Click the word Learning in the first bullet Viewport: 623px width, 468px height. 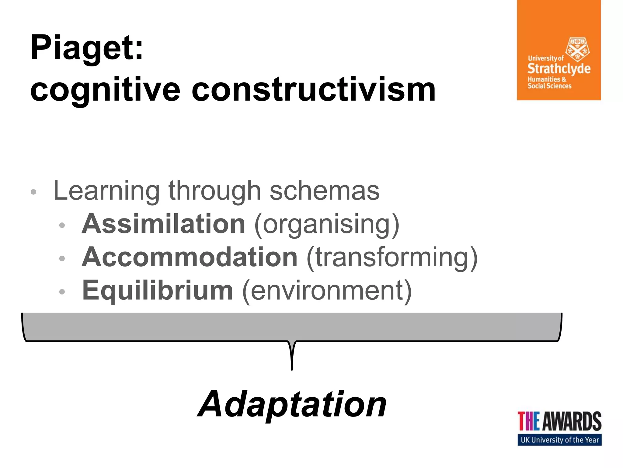pyautogui.click(x=106, y=191)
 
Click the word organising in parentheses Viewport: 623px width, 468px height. pyautogui.click(x=326, y=225)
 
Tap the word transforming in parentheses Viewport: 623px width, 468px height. pyautogui.click(x=392, y=258)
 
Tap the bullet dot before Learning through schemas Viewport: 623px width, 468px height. pyautogui.click(x=33, y=192)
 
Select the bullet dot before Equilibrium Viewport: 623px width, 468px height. pyautogui.click(x=62, y=292)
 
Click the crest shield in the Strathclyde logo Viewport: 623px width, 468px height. pyautogui.click(x=577, y=50)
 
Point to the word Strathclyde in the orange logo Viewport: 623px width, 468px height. pyautogui.click(x=559, y=69)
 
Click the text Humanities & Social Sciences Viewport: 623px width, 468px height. pyautogui.click(x=549, y=83)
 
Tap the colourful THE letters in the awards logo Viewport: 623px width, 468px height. pyautogui.click(x=529, y=421)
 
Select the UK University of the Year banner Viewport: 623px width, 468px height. pyautogui.click(x=559, y=440)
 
